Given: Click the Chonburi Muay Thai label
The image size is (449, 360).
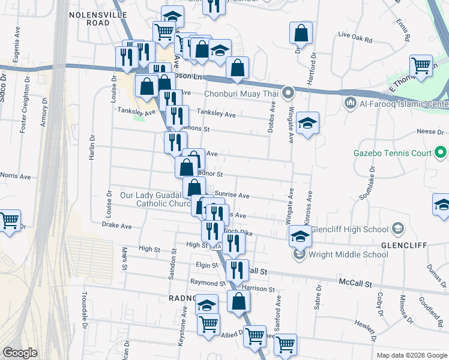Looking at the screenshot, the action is [x=243, y=93].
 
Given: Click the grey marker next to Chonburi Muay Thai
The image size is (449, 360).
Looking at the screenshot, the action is [x=289, y=93].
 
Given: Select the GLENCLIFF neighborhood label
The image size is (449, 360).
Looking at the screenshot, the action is [x=403, y=245].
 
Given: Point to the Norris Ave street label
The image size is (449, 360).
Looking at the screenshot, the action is [x=16, y=177].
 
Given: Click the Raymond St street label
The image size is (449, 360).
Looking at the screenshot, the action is [x=203, y=282].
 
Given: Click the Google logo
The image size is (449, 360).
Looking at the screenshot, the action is [x=20, y=353].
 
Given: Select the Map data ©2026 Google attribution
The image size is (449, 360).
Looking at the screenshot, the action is [x=412, y=355].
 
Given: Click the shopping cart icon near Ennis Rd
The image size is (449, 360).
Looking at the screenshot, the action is [x=421, y=65].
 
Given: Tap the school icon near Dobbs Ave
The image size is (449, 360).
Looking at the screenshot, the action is [x=307, y=123].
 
